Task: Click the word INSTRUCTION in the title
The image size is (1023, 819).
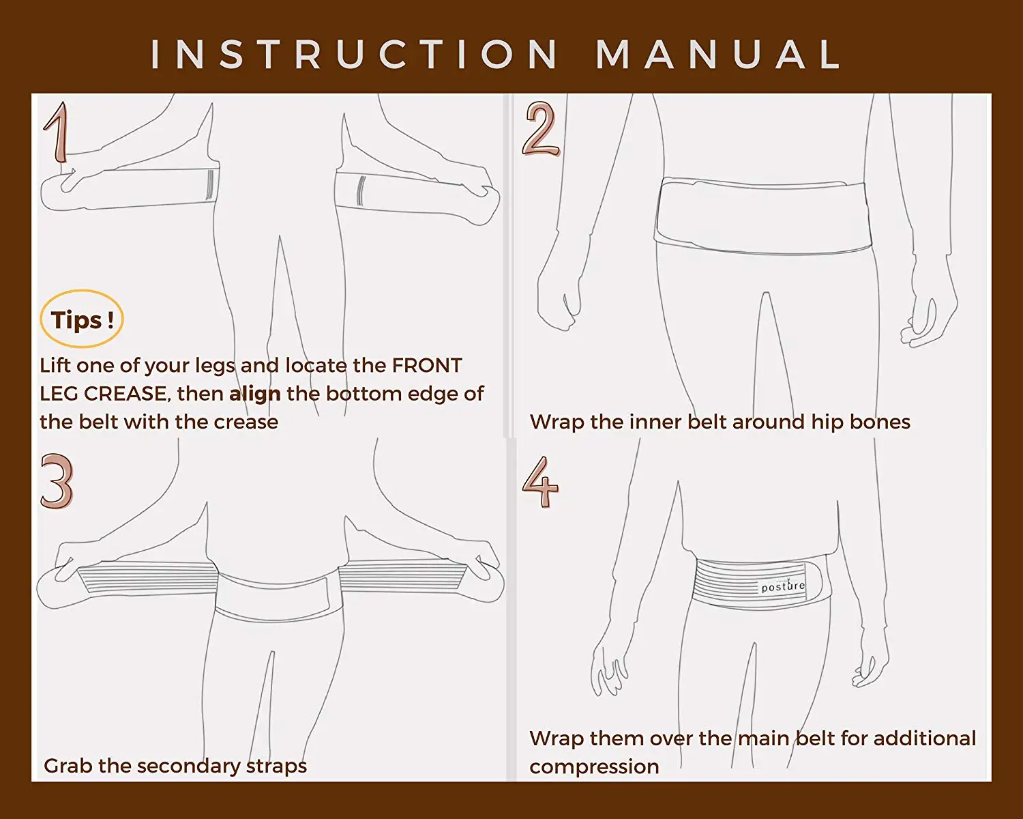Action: click(355, 54)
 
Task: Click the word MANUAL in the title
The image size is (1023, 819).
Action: click(720, 54)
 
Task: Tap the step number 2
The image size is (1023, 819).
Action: click(541, 129)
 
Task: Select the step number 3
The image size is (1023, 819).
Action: click(56, 481)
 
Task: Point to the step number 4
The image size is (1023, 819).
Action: click(540, 482)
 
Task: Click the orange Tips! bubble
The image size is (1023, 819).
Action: click(82, 319)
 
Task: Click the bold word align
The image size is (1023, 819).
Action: click(254, 394)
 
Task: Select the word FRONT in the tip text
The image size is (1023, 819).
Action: click(427, 366)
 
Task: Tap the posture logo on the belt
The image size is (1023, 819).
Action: click(783, 586)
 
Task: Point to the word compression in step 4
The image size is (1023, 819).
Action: click(594, 766)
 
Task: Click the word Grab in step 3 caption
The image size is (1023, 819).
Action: click(68, 766)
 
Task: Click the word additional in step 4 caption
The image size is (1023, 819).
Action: click(924, 738)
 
